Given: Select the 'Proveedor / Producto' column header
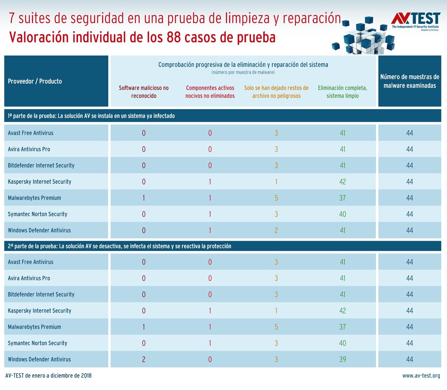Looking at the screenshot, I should (35, 81).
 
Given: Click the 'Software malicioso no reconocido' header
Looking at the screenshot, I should (143, 92).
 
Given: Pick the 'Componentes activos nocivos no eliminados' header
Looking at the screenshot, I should (210, 92).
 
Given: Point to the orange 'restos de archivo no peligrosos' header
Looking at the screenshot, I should (276, 92).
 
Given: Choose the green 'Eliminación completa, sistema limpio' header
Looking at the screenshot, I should (342, 92).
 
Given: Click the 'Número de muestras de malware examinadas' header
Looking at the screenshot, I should (409, 81).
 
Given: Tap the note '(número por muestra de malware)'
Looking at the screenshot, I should (243, 72).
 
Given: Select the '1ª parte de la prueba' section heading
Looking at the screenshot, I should (91, 116).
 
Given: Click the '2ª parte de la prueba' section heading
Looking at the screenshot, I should (119, 246).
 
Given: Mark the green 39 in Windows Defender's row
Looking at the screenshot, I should (342, 359).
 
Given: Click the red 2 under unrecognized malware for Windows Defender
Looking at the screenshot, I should (143, 359).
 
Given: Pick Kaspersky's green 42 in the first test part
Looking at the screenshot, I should (342, 182).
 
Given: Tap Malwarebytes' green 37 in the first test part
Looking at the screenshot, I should (342, 198).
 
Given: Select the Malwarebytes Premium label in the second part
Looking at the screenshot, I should (34, 327).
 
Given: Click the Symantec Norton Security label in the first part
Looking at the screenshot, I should (38, 214).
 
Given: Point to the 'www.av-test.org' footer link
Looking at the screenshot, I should (421, 376).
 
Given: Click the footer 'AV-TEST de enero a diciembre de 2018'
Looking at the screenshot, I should (48, 376).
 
